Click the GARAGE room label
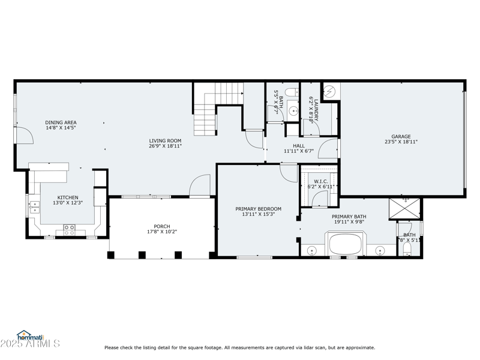pyautogui.click(x=401, y=136)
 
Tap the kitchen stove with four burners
pyautogui.click(x=69, y=228)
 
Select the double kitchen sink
pyautogui.click(x=34, y=207)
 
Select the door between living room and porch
pyautogui.click(x=200, y=186)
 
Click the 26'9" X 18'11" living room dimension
pyautogui.click(x=165, y=146)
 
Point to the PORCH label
pyautogui.click(x=162, y=226)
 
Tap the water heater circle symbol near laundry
pyautogui.click(x=329, y=92)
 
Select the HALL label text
pyautogui.click(x=298, y=145)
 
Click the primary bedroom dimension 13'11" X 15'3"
pyautogui.click(x=258, y=214)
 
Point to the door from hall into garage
pyautogui.click(x=329, y=149)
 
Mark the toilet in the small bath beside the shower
pyautogui.click(x=408, y=247)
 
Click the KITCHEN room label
pyautogui.click(x=67, y=197)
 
